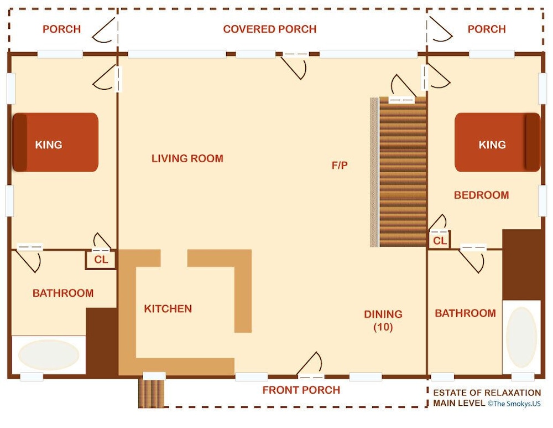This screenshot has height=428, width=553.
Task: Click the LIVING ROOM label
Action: coord(187,158)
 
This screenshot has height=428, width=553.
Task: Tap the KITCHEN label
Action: coord(168,308)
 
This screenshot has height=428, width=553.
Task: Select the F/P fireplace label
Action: coord(340,165)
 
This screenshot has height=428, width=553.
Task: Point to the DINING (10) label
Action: coord(383,321)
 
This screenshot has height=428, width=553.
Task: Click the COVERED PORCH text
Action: coord(270,29)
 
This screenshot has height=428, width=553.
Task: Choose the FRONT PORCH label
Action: coord(301,390)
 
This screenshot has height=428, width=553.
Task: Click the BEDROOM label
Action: coord(482,195)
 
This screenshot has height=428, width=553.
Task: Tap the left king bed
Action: coord(55,142)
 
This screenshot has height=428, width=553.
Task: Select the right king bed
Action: coord(497,142)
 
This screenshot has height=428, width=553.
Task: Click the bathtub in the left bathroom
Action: coord(49,354)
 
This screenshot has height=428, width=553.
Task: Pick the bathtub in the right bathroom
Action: coord(521,337)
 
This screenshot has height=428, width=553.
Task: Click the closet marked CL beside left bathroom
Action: coord(101,260)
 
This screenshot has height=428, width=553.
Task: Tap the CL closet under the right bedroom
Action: coord(440,240)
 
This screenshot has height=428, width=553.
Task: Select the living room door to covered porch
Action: coord(295,66)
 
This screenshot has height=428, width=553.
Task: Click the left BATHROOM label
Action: coord(63,293)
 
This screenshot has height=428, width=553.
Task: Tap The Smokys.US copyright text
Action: coord(514,404)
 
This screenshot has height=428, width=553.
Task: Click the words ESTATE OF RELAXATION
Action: coord(487,393)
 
